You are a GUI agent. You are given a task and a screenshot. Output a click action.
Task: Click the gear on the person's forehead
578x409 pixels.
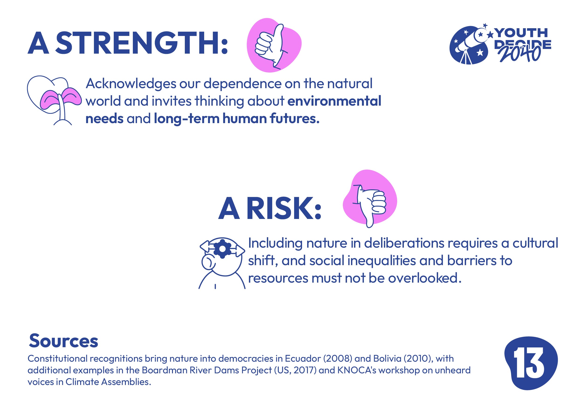[222, 249]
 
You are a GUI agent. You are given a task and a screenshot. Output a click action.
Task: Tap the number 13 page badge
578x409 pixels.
[531, 363]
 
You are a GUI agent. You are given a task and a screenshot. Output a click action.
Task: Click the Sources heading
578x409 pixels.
[63, 341]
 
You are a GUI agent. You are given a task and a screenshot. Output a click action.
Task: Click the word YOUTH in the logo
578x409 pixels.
[521, 33]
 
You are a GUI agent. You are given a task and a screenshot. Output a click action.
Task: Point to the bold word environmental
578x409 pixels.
[334, 101]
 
